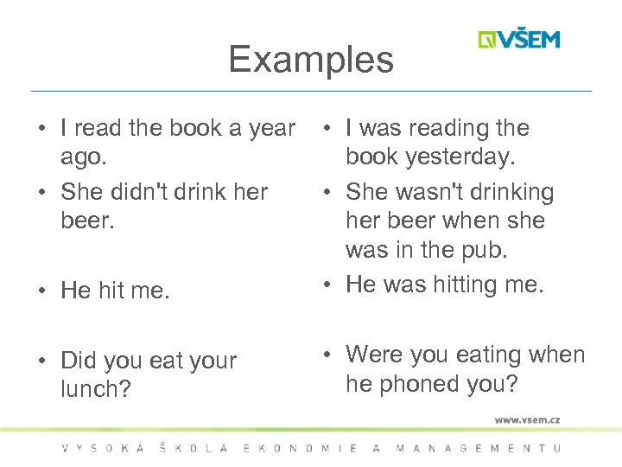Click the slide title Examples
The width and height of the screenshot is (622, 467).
(x=311, y=59)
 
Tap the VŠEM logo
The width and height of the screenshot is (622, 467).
(x=519, y=39)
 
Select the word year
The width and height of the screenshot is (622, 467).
(x=272, y=129)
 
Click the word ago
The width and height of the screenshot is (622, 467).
(x=85, y=157)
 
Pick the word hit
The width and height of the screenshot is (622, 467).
(x=111, y=291)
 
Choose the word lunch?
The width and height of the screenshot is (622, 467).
(x=96, y=390)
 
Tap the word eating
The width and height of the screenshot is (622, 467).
(x=485, y=355)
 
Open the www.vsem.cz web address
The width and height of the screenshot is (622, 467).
(x=527, y=419)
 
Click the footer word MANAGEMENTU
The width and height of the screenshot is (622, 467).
(x=478, y=448)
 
